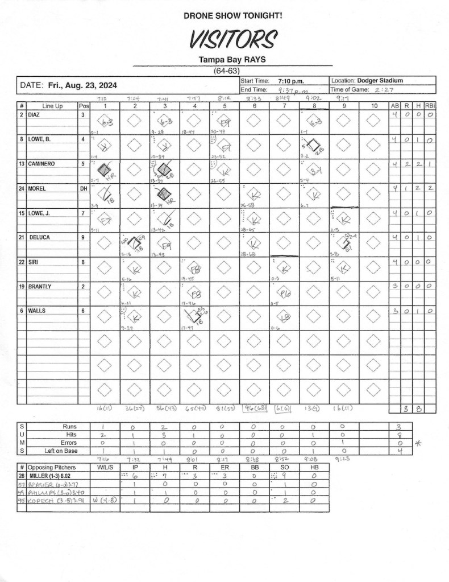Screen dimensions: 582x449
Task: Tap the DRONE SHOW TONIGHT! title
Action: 233,16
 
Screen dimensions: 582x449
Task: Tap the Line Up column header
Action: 52,106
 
